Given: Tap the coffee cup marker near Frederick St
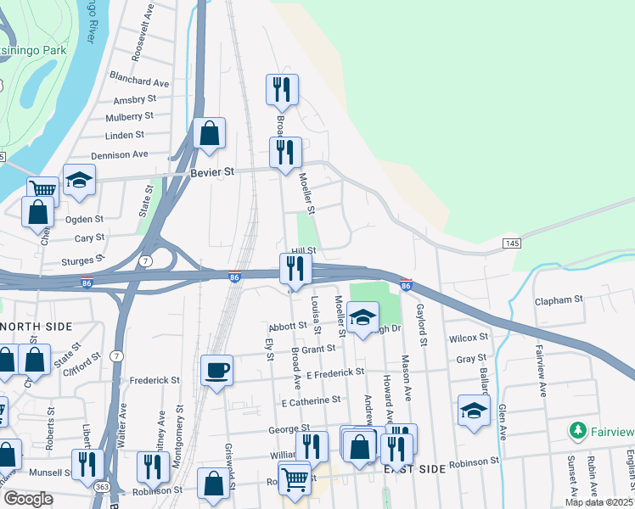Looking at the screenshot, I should tap(216, 370).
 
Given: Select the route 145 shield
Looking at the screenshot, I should tap(511, 243).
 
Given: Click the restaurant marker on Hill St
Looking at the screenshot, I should tap(295, 269).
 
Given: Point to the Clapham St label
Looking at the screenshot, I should tap(559, 300).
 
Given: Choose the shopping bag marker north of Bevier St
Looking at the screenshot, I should tap(209, 133).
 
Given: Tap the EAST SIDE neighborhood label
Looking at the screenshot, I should tap(414, 469).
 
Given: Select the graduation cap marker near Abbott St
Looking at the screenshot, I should tap(362, 318).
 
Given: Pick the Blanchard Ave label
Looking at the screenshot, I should tap(139, 82).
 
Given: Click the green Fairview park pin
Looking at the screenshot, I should tap(578, 431).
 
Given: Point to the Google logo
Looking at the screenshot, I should tap(27, 498).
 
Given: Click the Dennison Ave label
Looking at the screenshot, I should tap(120, 154).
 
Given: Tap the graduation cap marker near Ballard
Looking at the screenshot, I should tap(474, 411).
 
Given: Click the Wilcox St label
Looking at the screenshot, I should tap(469, 338).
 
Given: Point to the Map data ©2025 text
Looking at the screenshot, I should tap(598, 502).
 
